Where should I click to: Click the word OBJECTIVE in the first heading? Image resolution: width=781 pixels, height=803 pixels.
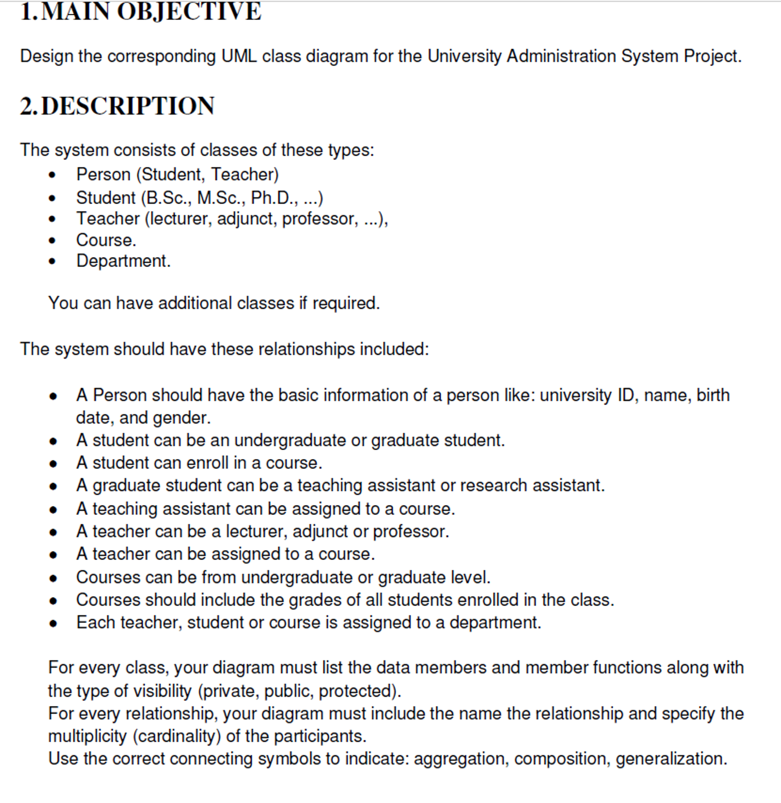[189, 11]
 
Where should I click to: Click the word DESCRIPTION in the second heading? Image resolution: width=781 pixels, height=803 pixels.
[128, 106]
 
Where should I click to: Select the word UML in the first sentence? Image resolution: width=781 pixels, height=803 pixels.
[239, 56]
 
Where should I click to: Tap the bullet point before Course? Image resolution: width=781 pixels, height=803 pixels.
[52, 241]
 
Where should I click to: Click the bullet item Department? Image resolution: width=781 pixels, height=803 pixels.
[123, 261]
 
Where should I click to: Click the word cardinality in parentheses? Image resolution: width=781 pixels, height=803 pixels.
[177, 737]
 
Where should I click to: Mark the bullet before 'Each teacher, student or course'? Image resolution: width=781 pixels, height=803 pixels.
[53, 624]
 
